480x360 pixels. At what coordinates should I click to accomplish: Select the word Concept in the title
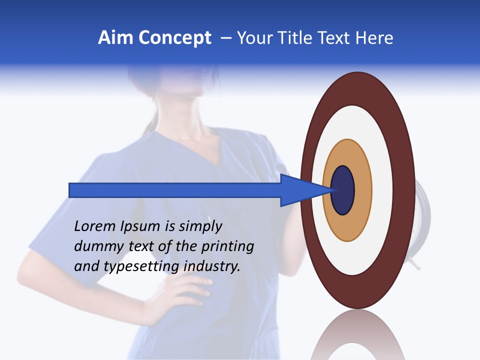coord(174,38)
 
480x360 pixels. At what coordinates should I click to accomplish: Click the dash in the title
coord(225,38)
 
